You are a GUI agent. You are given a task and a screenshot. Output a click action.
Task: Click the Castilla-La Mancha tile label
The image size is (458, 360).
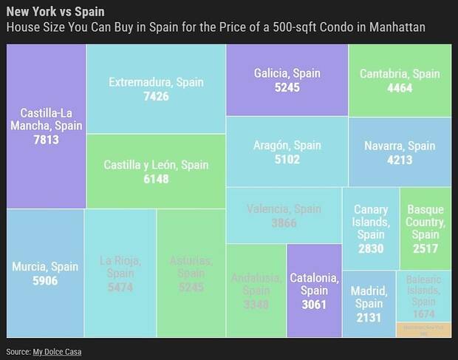[46, 119]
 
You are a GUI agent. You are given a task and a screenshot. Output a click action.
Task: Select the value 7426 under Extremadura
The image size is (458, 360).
[157, 96]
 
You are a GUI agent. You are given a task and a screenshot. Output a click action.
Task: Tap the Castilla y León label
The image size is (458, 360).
[157, 164]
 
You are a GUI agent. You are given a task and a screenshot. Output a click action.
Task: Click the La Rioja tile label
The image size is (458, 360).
[120, 267]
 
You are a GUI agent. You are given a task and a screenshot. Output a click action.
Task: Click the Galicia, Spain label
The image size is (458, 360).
[287, 73]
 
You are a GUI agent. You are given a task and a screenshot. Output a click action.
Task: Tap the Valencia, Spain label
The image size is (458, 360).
[284, 209]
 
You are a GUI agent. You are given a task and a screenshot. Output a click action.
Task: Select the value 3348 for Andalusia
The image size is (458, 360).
[255, 304]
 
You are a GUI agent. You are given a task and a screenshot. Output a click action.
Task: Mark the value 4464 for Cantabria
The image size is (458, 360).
[400, 88]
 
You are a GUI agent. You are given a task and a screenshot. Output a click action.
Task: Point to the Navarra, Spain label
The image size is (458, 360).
[400, 146]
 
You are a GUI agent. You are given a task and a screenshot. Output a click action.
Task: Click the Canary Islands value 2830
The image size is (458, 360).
[371, 248]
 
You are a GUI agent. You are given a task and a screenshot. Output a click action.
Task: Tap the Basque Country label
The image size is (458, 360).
[425, 222]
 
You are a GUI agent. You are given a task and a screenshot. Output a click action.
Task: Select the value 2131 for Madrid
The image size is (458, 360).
[367, 317]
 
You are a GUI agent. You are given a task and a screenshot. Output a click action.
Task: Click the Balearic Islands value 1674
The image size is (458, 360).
[424, 314]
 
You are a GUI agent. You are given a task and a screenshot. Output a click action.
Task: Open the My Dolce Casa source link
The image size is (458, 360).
[57, 352]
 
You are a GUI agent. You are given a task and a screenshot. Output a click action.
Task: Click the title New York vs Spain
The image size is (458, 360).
[55, 13]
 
